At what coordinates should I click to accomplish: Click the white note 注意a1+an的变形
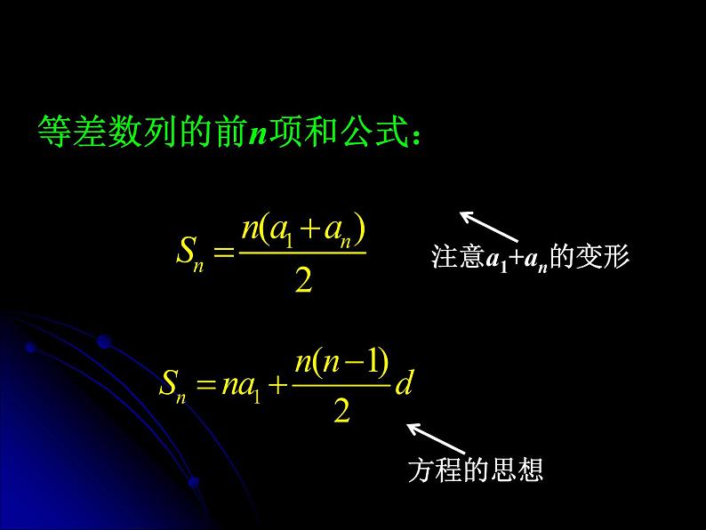click(530, 258)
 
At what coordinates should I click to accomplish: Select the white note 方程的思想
click(475, 470)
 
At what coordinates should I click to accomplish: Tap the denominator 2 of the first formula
click(303, 281)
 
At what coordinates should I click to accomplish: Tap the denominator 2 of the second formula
click(341, 412)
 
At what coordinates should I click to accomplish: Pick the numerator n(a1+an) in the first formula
click(303, 229)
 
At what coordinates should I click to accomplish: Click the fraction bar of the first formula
click(303, 253)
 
